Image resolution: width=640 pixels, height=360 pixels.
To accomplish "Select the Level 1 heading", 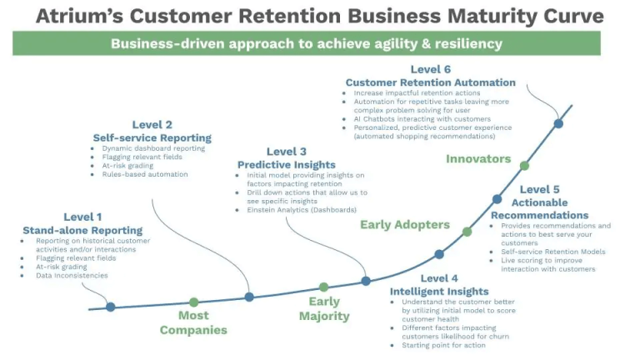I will [x=82, y=217].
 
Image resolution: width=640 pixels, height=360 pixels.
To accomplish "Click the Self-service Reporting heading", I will [x=152, y=137].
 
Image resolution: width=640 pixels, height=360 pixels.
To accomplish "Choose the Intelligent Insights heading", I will [x=439, y=292].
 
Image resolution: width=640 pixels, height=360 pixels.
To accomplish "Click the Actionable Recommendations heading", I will [x=539, y=208].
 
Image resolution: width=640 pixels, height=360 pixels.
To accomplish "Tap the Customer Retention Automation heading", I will [x=430, y=82].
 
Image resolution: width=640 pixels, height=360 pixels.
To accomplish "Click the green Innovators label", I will [x=477, y=158].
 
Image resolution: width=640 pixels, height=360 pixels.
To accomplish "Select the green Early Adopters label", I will [x=404, y=224].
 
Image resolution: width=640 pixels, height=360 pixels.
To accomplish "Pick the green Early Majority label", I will [x=324, y=308].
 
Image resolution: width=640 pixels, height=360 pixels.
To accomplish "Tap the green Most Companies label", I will [x=193, y=322].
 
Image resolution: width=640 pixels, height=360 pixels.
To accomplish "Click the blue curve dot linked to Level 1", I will [x=110, y=307].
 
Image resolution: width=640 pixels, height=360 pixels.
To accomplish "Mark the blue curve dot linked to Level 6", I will [x=558, y=123].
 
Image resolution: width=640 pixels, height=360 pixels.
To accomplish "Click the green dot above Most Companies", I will [x=194, y=302].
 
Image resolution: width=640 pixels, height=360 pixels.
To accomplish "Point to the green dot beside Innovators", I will [x=524, y=166].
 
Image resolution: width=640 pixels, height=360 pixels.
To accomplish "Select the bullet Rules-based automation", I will [x=144, y=174].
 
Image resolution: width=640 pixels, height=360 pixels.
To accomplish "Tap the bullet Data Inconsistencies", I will [x=72, y=275].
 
